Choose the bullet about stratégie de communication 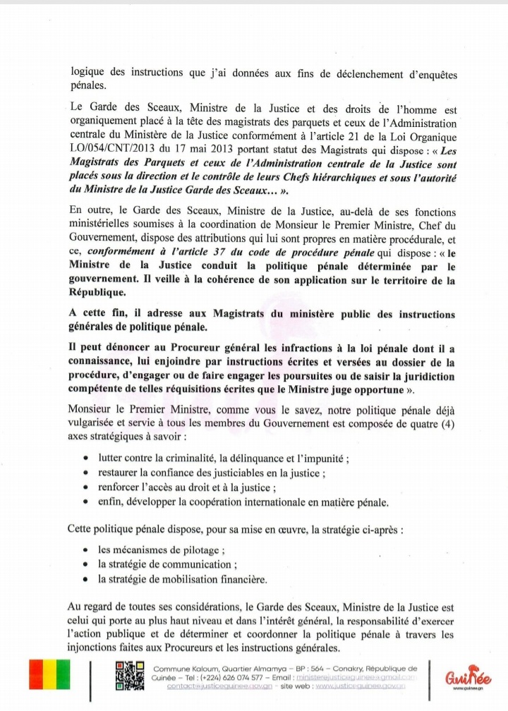click(167, 564)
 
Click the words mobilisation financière click(219, 579)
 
